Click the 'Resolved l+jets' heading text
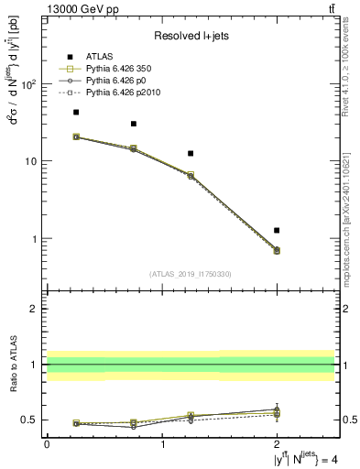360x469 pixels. (x=191, y=36)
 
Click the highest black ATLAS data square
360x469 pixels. (x=76, y=113)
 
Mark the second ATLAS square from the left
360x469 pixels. (x=134, y=124)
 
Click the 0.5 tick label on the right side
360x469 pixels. (x=347, y=420)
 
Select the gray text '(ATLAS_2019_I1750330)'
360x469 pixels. (x=191, y=274)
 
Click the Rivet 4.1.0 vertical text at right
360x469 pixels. (x=345, y=78)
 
